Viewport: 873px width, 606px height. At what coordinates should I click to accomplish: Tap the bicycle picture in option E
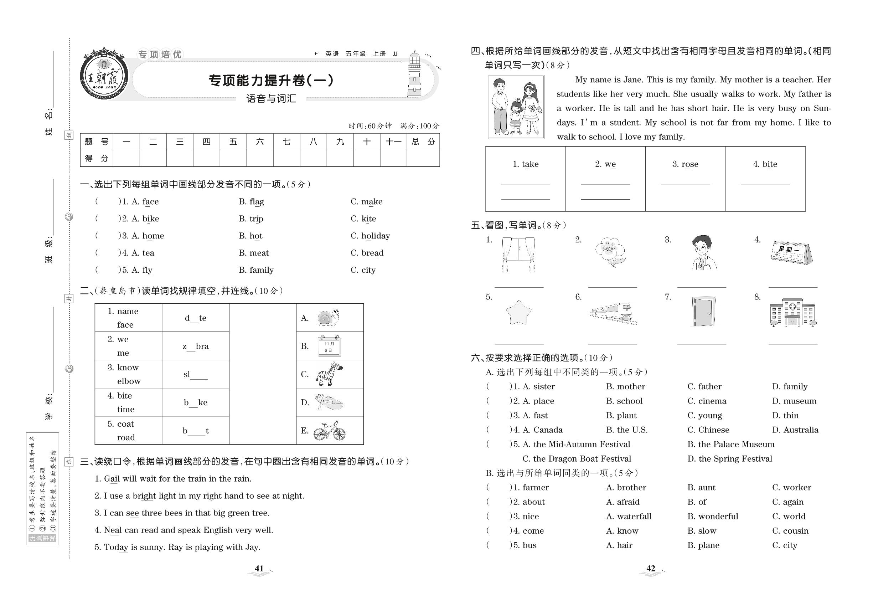330,431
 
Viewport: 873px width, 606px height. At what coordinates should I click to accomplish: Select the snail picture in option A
328,317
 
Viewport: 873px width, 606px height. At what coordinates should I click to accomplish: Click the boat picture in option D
329,402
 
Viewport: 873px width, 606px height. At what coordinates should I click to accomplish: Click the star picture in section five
518,313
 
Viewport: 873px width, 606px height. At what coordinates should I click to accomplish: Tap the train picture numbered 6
613,314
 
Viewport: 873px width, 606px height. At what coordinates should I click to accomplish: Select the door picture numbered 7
703,312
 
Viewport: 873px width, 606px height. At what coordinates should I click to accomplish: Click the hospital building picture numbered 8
793,313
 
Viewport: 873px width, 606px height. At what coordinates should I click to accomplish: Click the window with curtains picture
518,255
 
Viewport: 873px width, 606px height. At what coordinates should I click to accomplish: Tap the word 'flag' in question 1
256,202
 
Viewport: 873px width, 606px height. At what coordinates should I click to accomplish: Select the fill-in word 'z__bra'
196,346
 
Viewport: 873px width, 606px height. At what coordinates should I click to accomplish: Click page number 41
259,569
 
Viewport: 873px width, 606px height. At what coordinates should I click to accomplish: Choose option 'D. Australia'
795,430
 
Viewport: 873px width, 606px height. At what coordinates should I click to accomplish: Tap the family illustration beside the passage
516,107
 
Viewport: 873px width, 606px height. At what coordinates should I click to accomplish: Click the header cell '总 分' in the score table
423,142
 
